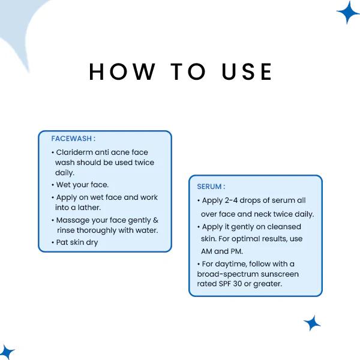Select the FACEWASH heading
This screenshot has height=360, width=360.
[73, 139]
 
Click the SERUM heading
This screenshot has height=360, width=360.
[211, 187]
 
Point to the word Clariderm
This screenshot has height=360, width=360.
[75, 152]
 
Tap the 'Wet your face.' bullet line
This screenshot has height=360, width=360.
[82, 185]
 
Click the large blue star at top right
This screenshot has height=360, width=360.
[347, 12]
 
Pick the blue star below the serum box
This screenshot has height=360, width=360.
[312, 323]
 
